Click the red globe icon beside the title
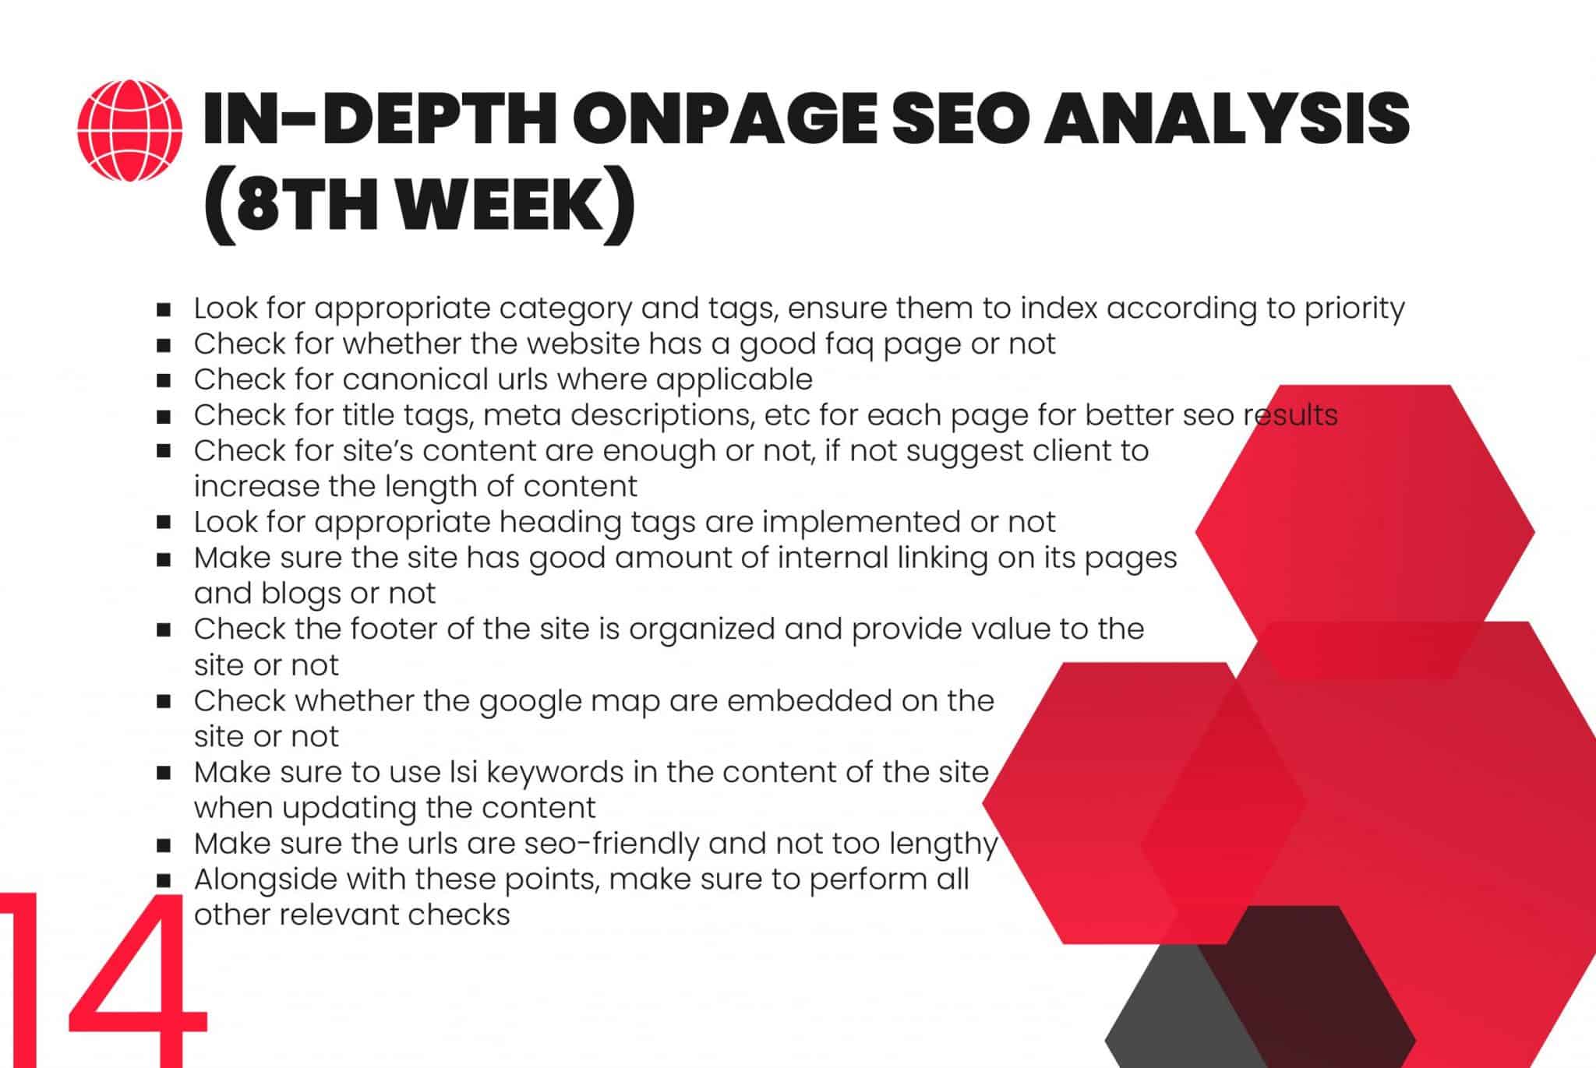click(x=129, y=131)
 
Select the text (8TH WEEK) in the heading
click(x=419, y=205)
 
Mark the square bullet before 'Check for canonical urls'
click(x=164, y=381)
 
